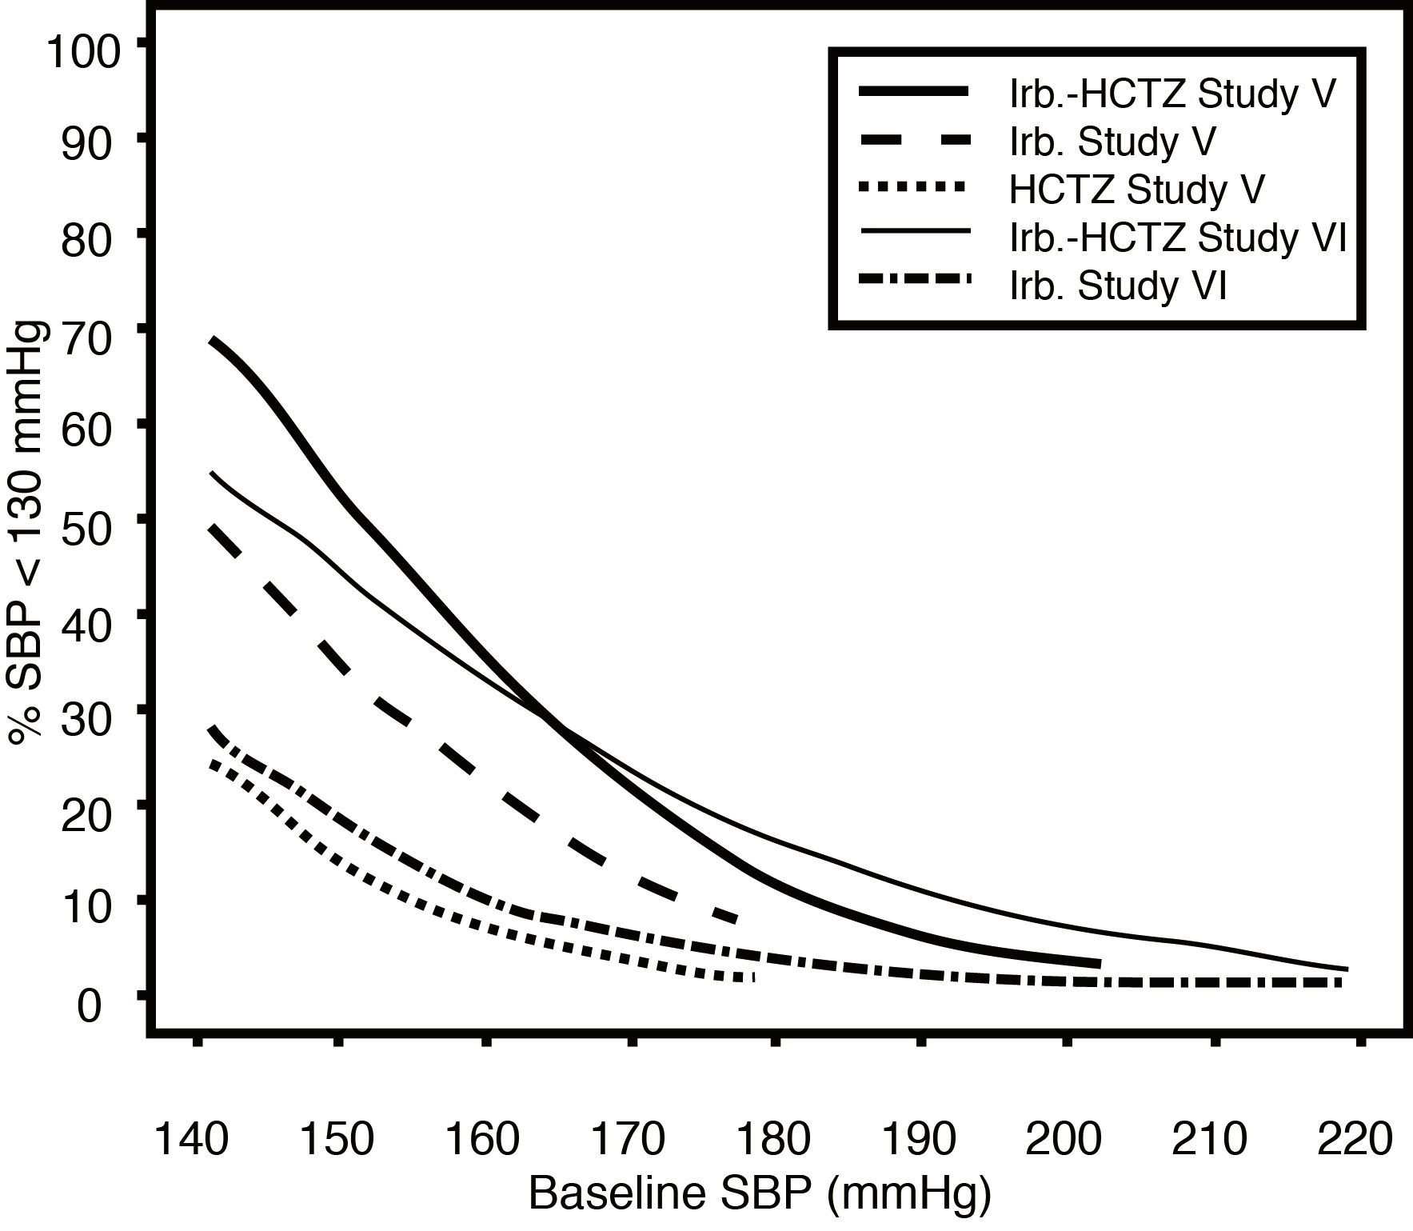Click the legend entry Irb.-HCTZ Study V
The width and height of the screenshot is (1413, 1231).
pos(1172,94)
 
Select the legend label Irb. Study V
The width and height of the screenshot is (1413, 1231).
pos(1112,142)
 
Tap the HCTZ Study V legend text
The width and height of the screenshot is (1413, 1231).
pos(1136,190)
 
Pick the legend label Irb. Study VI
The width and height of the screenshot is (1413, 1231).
pos(1117,286)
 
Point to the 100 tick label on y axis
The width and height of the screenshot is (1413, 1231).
pos(84,54)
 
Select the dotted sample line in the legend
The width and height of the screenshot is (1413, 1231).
pos(915,188)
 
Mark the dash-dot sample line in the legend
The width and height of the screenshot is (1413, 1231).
pos(915,281)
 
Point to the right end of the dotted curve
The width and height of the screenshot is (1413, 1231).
pos(752,978)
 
